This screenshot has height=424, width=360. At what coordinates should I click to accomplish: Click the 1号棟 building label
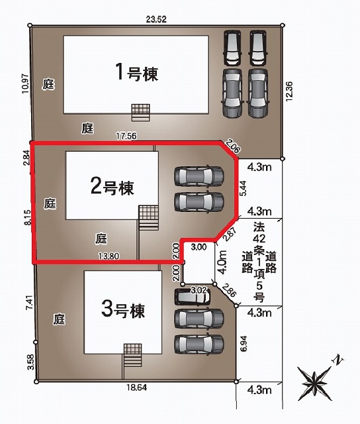click(x=136, y=72)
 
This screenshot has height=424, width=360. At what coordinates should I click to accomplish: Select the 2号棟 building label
click(x=112, y=186)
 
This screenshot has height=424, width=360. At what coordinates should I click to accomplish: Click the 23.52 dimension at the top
click(x=156, y=19)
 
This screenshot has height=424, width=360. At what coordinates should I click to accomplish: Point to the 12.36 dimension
click(x=289, y=91)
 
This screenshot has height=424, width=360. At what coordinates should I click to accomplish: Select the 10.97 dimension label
click(x=25, y=83)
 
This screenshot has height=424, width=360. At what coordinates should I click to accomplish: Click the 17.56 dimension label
click(x=126, y=135)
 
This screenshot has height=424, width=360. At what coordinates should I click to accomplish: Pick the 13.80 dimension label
click(x=109, y=256)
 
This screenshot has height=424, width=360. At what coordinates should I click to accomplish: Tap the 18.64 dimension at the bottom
click(x=137, y=387)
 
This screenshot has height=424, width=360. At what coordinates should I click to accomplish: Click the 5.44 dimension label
click(x=243, y=188)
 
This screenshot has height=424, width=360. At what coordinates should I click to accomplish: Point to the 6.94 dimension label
click(x=244, y=343)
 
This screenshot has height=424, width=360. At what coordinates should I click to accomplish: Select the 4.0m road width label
click(x=222, y=262)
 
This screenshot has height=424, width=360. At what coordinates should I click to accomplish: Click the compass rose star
click(x=314, y=383)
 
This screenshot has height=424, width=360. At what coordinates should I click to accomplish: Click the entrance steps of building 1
click(x=140, y=113)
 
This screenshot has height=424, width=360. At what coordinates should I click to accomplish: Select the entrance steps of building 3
click(x=132, y=355)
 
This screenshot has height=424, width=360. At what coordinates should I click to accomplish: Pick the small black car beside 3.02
click(x=192, y=297)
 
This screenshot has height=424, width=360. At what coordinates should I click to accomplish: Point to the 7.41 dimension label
click(x=30, y=302)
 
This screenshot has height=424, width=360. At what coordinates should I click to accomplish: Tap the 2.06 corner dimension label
click(x=233, y=146)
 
